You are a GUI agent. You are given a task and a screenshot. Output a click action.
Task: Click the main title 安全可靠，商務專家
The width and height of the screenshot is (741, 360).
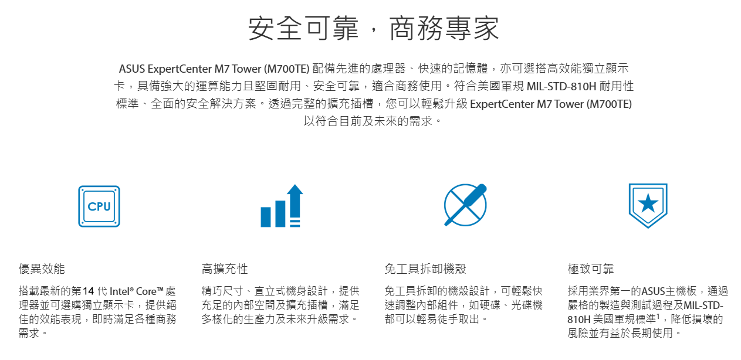click(x=374, y=28)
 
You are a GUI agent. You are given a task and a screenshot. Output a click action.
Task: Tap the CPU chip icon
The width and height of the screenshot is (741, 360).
click(x=99, y=206)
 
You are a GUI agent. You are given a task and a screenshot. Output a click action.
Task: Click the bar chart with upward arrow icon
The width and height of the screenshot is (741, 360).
click(x=282, y=206)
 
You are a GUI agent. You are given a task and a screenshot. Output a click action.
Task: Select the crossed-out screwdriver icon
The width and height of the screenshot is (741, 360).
click(x=465, y=205)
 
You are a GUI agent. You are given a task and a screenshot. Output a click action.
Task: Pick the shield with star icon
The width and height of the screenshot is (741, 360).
click(x=648, y=206)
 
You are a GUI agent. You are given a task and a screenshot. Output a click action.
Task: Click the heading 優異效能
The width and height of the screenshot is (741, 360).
click(x=42, y=269)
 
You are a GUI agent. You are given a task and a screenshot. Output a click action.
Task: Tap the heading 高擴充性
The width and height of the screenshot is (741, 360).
click(x=225, y=269)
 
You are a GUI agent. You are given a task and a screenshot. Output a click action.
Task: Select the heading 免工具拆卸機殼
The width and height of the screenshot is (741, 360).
click(x=425, y=269)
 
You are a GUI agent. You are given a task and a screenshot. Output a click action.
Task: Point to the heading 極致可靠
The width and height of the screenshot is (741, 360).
click(x=591, y=269)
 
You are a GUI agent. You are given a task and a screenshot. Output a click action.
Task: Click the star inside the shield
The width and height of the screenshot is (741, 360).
click(x=648, y=203)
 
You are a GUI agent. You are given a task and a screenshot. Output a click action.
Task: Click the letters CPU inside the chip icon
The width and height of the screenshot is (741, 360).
click(x=99, y=206)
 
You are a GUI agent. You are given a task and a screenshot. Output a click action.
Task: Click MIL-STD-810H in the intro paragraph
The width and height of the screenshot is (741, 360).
click(x=561, y=86)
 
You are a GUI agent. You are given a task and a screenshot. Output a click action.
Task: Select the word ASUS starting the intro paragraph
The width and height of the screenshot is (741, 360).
click(x=131, y=69)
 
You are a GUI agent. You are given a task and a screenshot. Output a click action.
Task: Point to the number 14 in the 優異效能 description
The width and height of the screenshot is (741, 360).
click(x=89, y=291)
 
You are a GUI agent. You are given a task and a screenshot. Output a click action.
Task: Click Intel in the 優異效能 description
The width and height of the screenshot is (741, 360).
click(x=119, y=291)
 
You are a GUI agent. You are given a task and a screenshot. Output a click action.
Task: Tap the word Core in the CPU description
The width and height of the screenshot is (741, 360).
click(x=146, y=291)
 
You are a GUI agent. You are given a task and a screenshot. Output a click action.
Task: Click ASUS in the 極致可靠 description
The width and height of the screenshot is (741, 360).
click(x=653, y=291)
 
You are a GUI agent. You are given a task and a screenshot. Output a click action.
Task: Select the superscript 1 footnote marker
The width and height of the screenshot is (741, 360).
click(x=658, y=317)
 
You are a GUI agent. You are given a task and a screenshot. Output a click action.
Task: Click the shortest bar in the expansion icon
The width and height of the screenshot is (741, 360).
click(x=266, y=217)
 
